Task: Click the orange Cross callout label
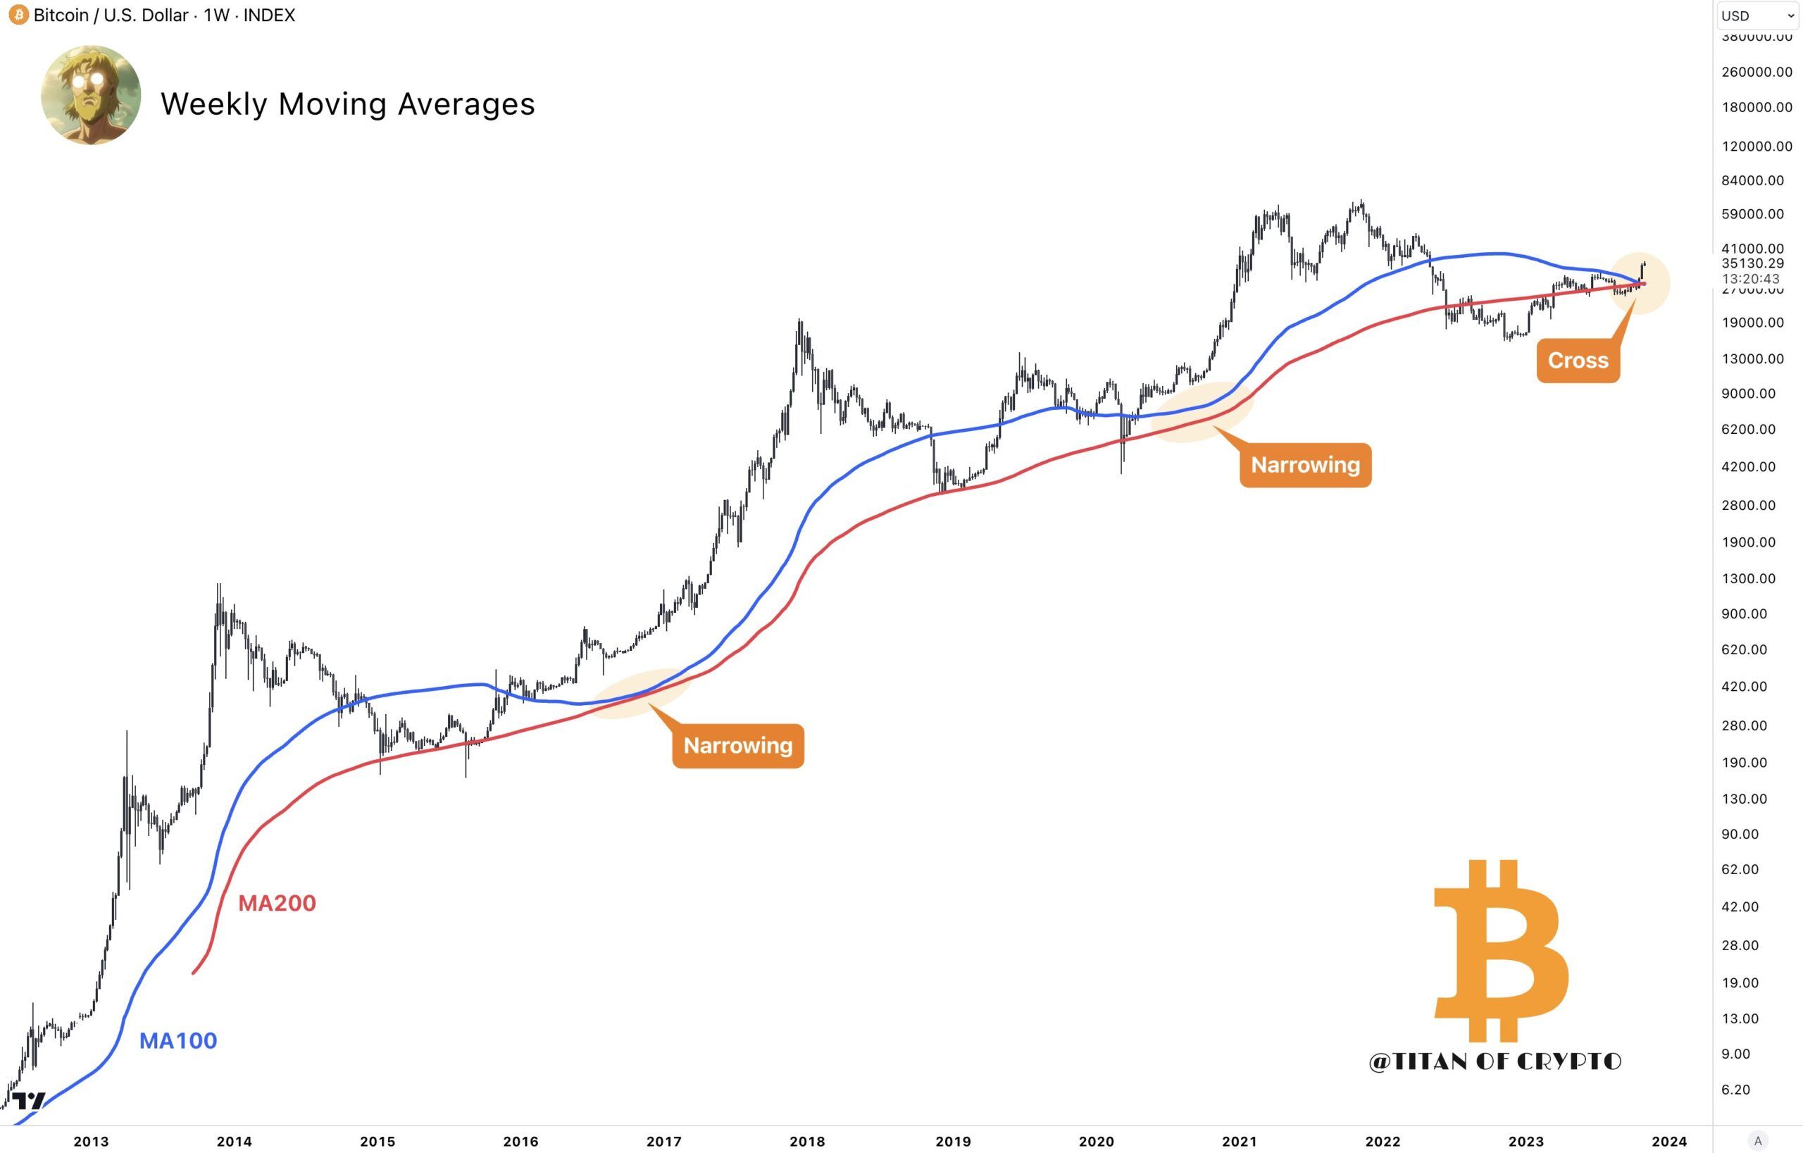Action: pos(1578,361)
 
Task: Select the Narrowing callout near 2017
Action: pos(737,746)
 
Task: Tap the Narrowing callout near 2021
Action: pos(1305,465)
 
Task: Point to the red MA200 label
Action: pos(277,903)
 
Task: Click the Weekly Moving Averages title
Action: pos(347,104)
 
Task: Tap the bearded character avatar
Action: pos(91,95)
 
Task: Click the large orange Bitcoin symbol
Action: pos(1502,951)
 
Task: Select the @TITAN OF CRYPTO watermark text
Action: pos(1495,1061)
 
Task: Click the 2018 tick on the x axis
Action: pos(807,1142)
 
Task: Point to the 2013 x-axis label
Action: pos(91,1142)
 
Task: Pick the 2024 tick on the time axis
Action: pos(1669,1142)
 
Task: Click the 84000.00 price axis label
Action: pos(1752,180)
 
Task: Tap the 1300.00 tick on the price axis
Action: pos(1747,579)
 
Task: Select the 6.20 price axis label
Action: pos(1735,1090)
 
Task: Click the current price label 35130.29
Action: pos(1752,263)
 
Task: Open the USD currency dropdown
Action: pos(1757,15)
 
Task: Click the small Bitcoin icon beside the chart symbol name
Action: pos(18,15)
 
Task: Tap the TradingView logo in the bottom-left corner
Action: pos(28,1102)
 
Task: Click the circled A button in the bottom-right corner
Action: pos(1757,1141)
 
